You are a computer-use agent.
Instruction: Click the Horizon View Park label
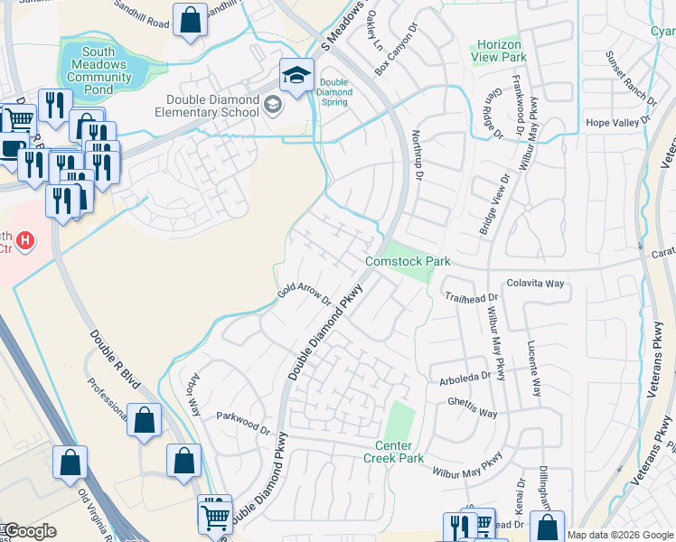(498, 51)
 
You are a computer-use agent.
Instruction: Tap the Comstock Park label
(408, 261)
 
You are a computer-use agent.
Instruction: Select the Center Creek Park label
(399, 452)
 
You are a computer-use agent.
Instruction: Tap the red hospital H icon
(26, 240)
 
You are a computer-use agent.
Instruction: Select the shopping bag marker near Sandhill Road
(191, 20)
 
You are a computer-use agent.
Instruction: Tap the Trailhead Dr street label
(470, 297)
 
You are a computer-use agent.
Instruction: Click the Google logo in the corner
(31, 531)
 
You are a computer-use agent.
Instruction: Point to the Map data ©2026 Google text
(620, 535)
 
